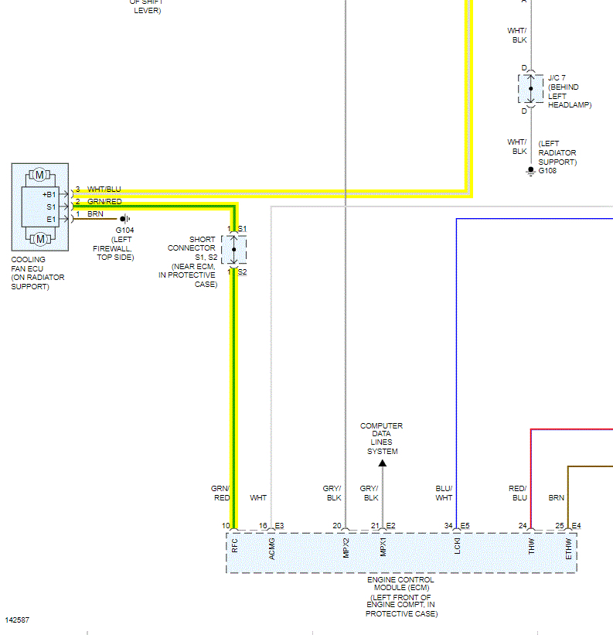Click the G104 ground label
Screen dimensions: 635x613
(124, 230)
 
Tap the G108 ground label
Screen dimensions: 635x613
(547, 170)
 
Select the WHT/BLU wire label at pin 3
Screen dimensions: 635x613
(104, 189)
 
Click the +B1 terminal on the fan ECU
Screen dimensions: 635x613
(49, 194)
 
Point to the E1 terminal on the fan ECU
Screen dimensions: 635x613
(51, 219)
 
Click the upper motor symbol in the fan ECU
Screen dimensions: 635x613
(39, 175)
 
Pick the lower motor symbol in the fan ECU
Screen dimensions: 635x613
(39, 238)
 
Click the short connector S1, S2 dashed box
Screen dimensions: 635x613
(234, 250)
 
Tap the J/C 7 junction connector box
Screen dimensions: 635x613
(530, 89)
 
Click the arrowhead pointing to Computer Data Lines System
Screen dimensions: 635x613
(382, 463)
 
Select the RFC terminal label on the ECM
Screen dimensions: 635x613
(234, 545)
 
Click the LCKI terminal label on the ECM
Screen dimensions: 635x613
(458, 546)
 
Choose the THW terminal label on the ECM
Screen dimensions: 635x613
(531, 546)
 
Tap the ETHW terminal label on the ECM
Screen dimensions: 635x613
(568, 547)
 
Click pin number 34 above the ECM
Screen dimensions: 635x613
(448, 526)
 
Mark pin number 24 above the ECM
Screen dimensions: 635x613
(523, 526)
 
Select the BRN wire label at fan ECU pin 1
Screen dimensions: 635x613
(95, 214)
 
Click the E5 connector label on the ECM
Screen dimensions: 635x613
(465, 526)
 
